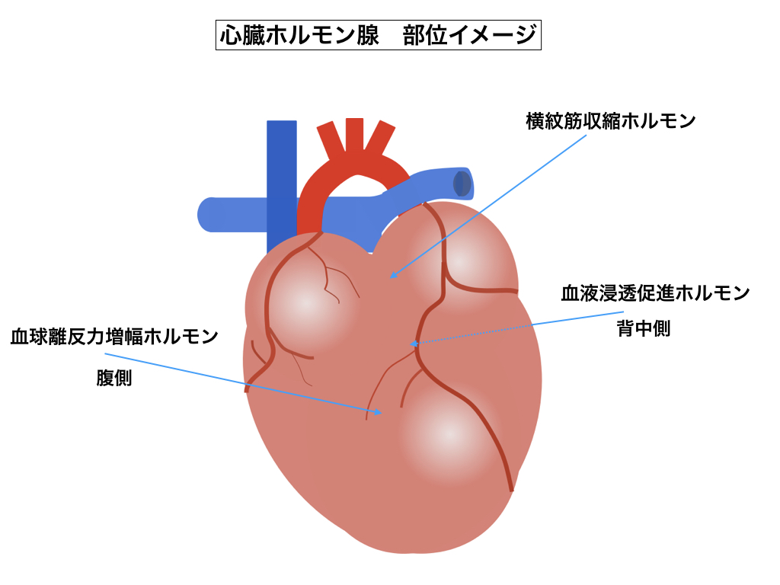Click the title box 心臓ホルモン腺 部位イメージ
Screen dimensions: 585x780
tap(379, 36)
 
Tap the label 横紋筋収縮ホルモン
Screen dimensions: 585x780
tap(611, 122)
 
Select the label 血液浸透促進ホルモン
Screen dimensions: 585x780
tap(655, 293)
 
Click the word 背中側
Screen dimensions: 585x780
tap(644, 330)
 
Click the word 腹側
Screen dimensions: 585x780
tap(114, 379)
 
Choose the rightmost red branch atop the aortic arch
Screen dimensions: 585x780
tap(380, 139)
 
